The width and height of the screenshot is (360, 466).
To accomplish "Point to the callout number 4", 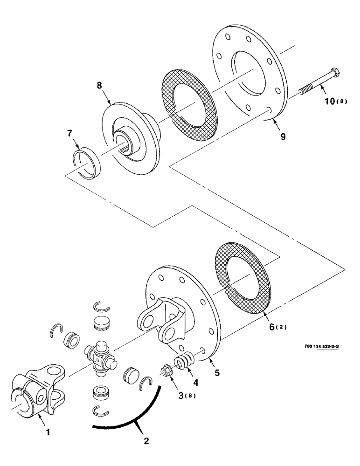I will click(x=196, y=383).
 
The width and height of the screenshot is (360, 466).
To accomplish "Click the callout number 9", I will click(x=283, y=137).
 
